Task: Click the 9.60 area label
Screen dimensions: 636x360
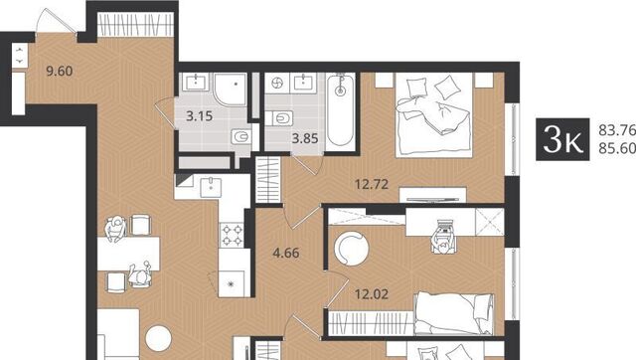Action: (60, 71)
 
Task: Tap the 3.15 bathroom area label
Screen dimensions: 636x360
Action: (199, 116)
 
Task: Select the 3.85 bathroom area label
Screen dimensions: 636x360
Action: (305, 139)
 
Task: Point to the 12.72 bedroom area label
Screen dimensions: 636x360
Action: (372, 185)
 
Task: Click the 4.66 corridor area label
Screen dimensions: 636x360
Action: (286, 254)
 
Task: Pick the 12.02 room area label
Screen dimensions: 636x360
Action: (372, 294)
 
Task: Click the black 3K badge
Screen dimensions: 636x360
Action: (562, 139)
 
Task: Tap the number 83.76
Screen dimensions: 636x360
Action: (617, 130)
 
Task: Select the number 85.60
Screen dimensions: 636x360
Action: (617, 148)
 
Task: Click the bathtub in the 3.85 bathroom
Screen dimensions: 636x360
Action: (340, 109)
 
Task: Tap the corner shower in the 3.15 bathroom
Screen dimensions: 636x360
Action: (230, 90)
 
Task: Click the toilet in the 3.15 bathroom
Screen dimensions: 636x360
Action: (241, 137)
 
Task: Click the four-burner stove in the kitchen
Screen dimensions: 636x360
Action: (232, 236)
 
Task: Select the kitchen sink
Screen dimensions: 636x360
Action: (211, 187)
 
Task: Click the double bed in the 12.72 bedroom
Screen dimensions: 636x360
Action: (434, 114)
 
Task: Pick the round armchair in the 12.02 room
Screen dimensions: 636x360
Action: (351, 249)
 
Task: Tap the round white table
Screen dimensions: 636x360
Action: (159, 338)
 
